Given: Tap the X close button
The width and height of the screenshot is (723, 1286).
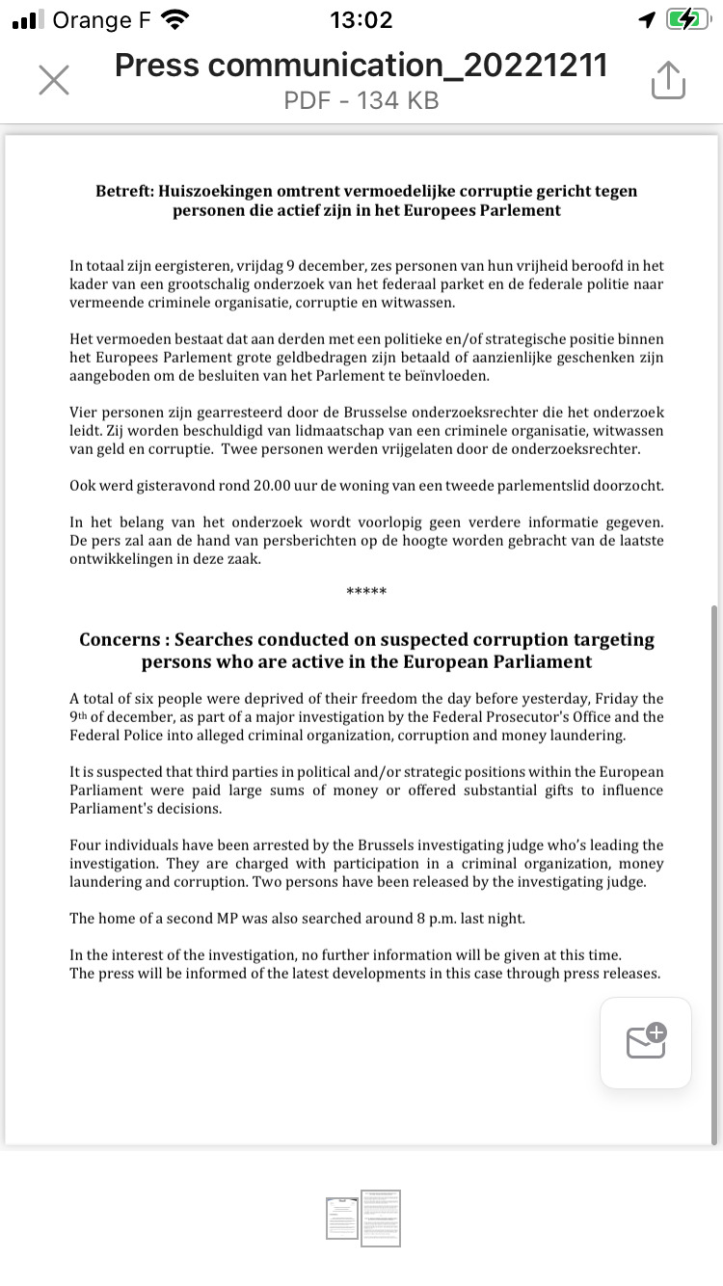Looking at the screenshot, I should point(54,81).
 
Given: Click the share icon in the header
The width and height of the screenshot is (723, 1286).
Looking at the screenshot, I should point(668,80).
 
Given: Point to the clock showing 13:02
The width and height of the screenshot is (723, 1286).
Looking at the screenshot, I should point(361,19).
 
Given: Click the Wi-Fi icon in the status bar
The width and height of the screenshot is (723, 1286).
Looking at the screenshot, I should point(174,19).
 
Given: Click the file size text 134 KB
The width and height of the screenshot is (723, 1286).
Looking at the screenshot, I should point(398,99).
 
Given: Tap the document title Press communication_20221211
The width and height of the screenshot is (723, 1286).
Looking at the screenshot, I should point(361,65).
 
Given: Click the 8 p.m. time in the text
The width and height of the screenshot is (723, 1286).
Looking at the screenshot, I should point(407,919).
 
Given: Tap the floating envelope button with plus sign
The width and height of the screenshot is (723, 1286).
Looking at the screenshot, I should point(646,1042).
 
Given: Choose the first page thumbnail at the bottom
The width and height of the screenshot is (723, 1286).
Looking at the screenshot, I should point(342,1218).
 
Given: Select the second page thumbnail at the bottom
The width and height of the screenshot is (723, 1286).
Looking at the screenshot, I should point(381,1218).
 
